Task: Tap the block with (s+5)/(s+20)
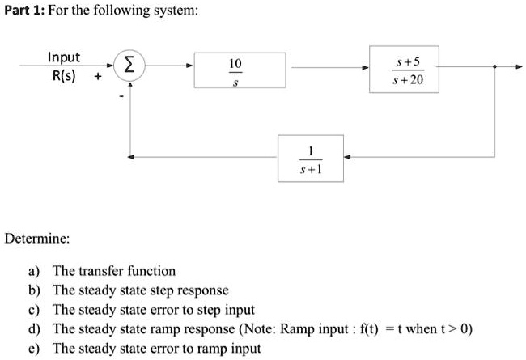404,70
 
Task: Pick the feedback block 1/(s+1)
310,158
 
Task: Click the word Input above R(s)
64,57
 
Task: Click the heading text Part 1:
26,11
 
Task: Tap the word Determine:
37,239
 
